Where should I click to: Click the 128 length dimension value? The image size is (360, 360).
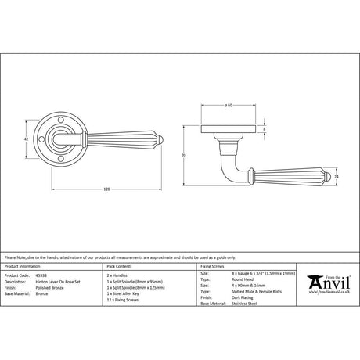pyautogui.click(x=107, y=189)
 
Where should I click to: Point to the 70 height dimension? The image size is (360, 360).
pyautogui.click(x=182, y=157)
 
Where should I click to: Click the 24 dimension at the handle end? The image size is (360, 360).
pyautogui.click(x=337, y=178)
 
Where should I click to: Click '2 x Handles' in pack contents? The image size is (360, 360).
pyautogui.click(x=117, y=276)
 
